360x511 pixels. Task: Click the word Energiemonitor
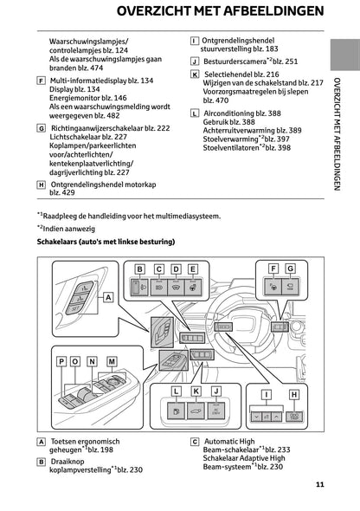[75, 99]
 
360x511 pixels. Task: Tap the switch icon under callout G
[289, 284]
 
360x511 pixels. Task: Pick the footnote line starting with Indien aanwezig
[69, 227]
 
